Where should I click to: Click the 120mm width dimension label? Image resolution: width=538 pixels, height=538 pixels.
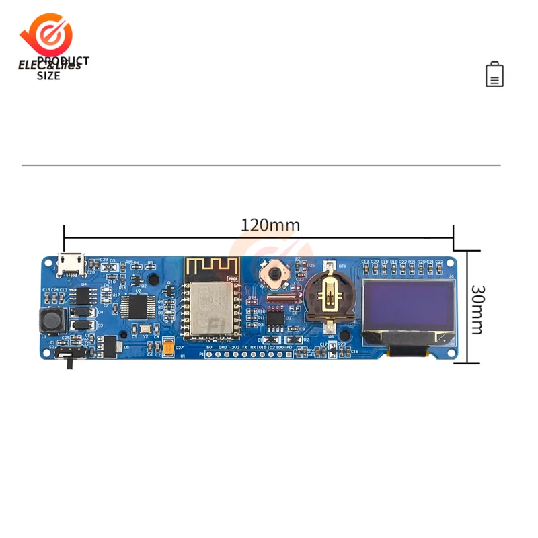tap(270, 225)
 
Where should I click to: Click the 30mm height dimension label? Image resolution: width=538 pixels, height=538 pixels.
tap(477, 309)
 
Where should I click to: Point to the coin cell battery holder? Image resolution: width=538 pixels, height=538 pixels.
tap(328, 296)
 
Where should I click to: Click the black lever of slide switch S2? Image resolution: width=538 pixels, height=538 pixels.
tap(69, 363)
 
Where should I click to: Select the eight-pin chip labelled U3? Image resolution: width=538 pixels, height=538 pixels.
tap(275, 318)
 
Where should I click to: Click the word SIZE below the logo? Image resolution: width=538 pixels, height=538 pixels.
tap(48, 76)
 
